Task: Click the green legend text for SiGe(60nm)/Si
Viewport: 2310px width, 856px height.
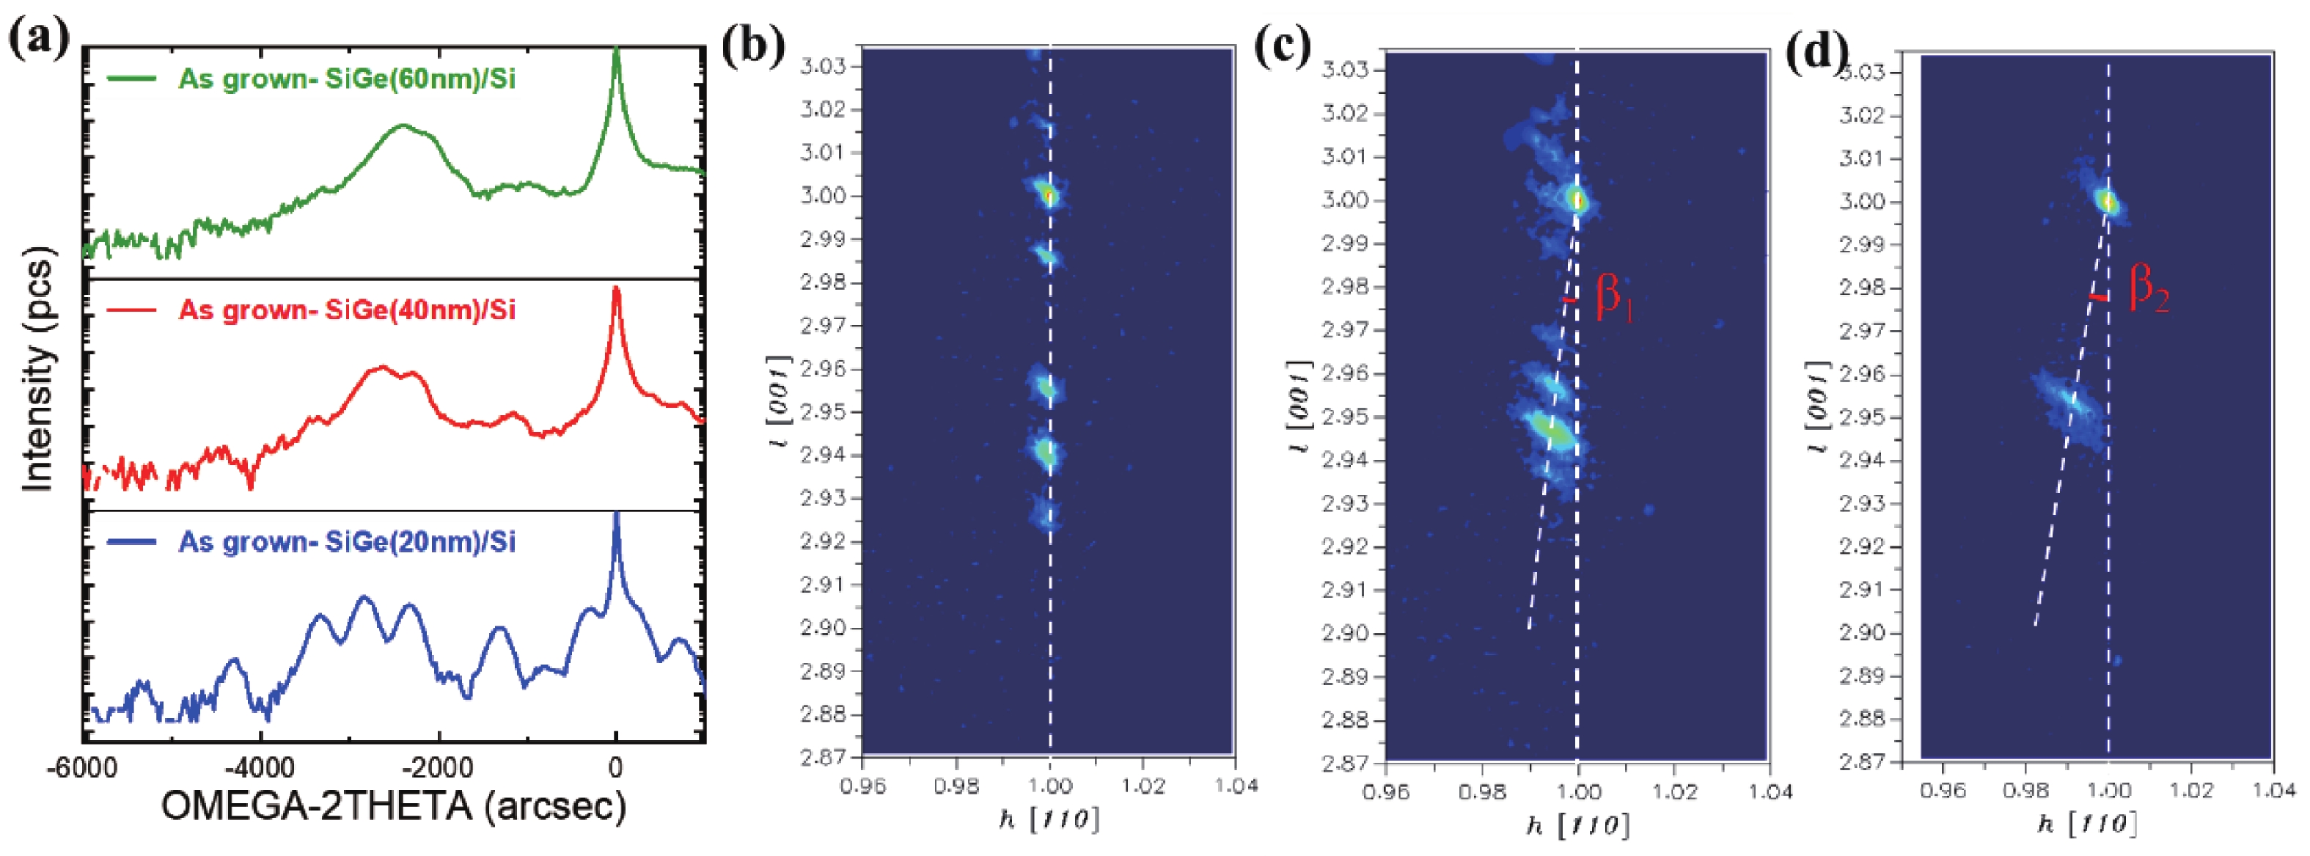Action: point(346,79)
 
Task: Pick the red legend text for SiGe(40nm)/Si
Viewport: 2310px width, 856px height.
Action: point(346,310)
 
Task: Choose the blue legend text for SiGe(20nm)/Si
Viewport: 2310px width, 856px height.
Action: point(346,542)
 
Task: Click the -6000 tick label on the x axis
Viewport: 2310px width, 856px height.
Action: point(82,770)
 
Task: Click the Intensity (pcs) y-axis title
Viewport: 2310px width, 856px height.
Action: point(37,368)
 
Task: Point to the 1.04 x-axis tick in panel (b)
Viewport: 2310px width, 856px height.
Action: point(1236,787)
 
